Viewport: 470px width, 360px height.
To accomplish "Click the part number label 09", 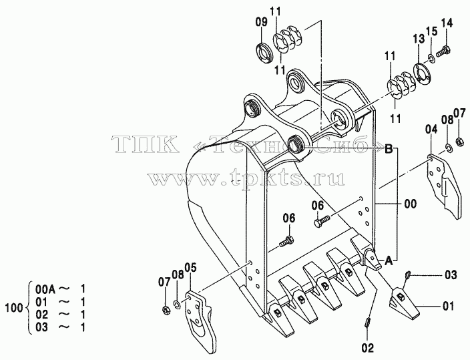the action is [261, 23].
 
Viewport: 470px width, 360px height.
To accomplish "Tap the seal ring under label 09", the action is [265, 53].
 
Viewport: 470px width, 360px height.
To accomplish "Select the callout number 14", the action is [447, 23].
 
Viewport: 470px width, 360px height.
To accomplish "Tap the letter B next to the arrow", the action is [389, 148].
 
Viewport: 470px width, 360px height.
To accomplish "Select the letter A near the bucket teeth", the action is [389, 260].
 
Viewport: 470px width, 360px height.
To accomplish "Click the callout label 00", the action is [410, 204].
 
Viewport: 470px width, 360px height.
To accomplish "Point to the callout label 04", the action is [431, 130].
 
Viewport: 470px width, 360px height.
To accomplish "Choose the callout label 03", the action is [451, 275].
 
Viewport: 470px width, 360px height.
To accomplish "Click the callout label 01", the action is [448, 307].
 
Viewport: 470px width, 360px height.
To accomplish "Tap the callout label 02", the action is [367, 348].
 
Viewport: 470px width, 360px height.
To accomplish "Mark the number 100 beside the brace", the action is [14, 308].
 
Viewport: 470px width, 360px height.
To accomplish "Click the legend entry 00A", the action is [45, 289].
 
